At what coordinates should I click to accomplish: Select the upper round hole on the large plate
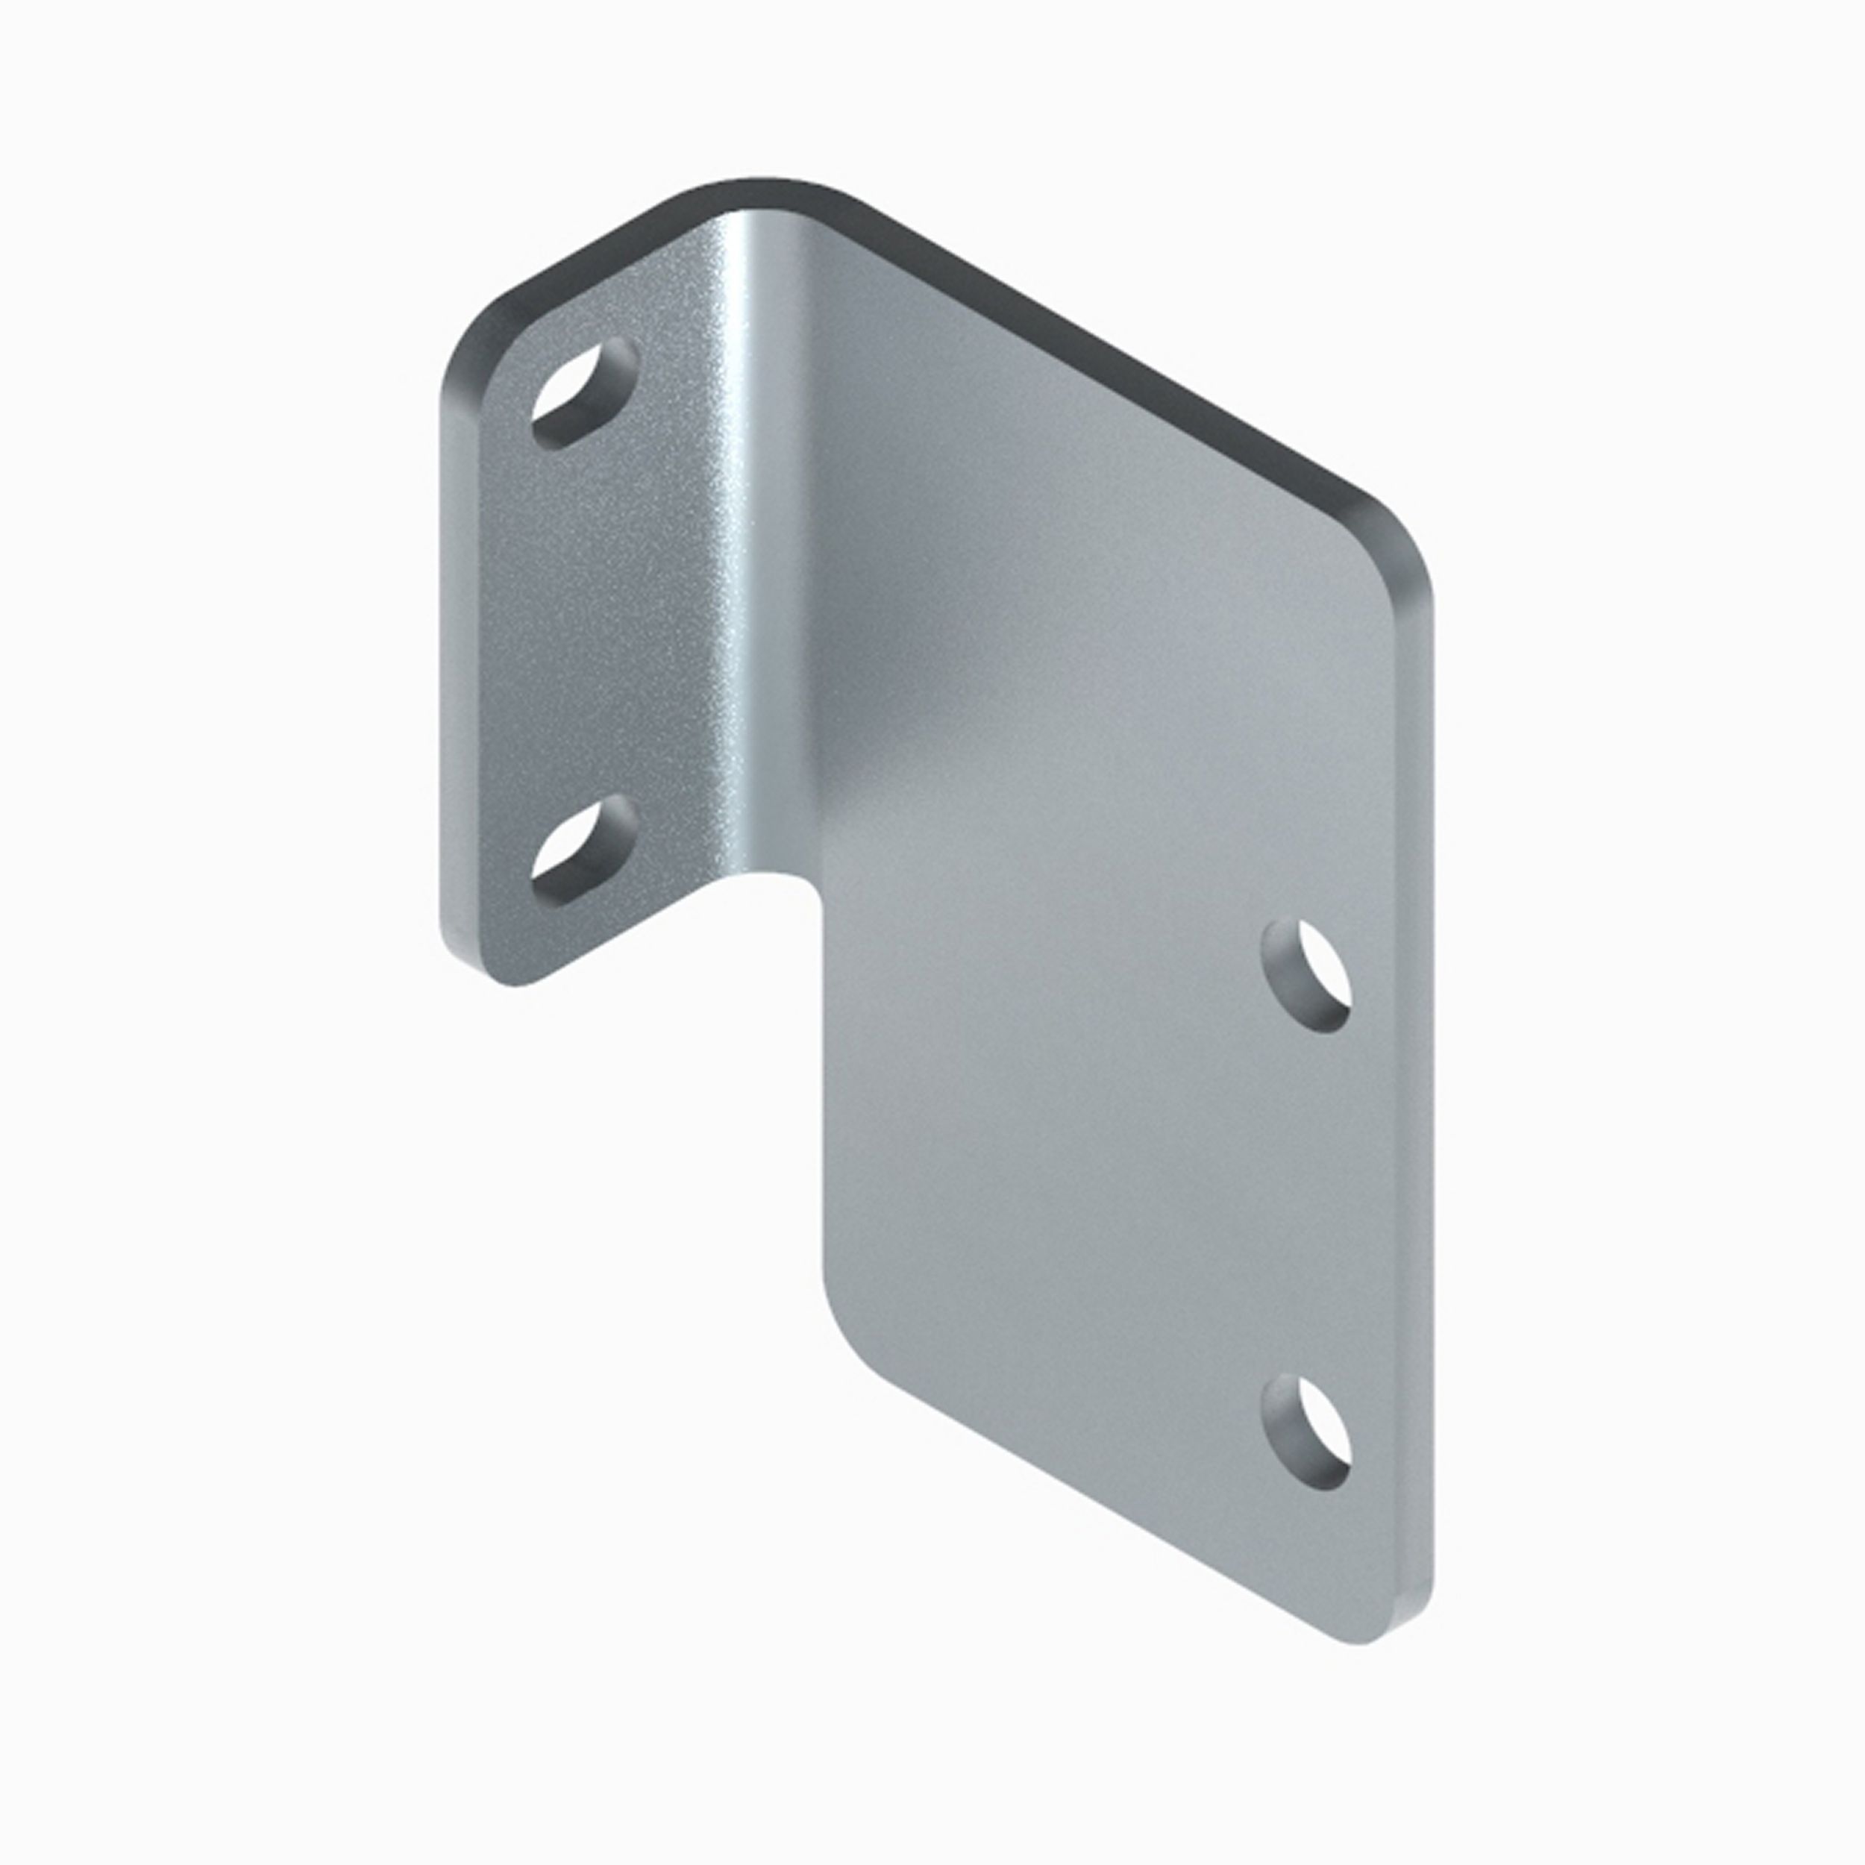(1308, 976)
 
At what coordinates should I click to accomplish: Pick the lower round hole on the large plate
(1308, 1432)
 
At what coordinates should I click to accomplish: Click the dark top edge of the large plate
(1110, 357)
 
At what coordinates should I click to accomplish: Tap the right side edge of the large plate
(1419, 1110)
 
